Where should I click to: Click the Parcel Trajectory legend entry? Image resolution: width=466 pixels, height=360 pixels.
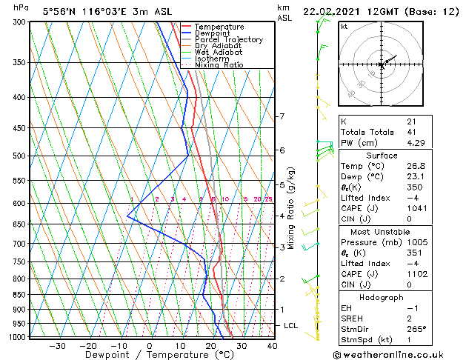tap(228, 39)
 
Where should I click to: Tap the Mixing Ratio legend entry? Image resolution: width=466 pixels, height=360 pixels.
tap(219, 64)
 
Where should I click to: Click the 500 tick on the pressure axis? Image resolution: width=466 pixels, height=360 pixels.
tap(18, 156)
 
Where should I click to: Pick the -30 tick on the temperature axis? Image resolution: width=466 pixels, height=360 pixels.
tap(55, 345)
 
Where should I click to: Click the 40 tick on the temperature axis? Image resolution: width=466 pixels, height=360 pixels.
tap(271, 345)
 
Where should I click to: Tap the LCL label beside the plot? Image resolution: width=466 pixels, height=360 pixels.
tap(291, 325)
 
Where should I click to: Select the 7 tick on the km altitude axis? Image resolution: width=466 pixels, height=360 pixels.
tap(282, 116)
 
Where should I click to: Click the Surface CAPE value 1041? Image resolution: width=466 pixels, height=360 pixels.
tap(415, 208)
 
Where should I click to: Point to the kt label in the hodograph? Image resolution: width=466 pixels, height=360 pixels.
tap(344, 26)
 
